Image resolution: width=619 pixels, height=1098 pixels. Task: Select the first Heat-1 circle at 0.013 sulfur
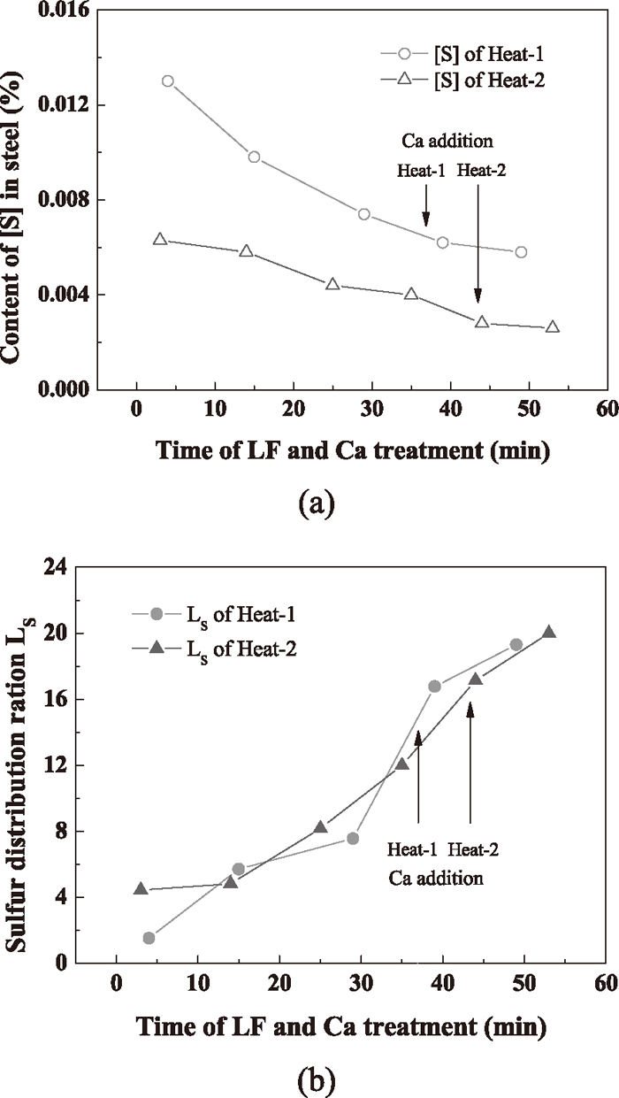pyautogui.click(x=168, y=81)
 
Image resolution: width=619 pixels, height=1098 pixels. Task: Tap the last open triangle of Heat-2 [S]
pyautogui.click(x=553, y=326)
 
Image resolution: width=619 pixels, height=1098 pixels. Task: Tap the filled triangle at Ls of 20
pyautogui.click(x=549, y=632)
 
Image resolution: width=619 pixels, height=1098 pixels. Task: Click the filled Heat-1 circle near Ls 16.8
pyautogui.click(x=434, y=686)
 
